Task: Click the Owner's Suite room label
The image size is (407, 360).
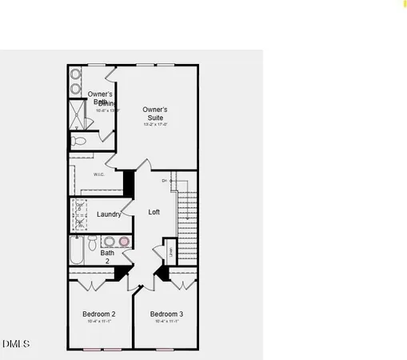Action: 154,113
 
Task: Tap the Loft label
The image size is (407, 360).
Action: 154,212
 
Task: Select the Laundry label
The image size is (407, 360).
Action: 109,214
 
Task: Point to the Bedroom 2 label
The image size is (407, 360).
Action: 99,314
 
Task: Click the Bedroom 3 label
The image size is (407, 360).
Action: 166,314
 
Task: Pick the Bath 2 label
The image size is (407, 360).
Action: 107,257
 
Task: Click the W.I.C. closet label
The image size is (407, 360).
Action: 99,174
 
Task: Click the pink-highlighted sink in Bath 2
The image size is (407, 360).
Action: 124,240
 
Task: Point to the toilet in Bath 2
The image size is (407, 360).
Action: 93,241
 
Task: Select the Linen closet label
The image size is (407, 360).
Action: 170,252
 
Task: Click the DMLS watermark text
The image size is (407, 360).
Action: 15,344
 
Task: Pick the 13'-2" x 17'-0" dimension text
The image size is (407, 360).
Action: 155,125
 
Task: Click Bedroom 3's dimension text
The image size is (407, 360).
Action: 166,322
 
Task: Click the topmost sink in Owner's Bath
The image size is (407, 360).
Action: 76,74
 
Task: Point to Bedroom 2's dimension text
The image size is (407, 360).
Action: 99,322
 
